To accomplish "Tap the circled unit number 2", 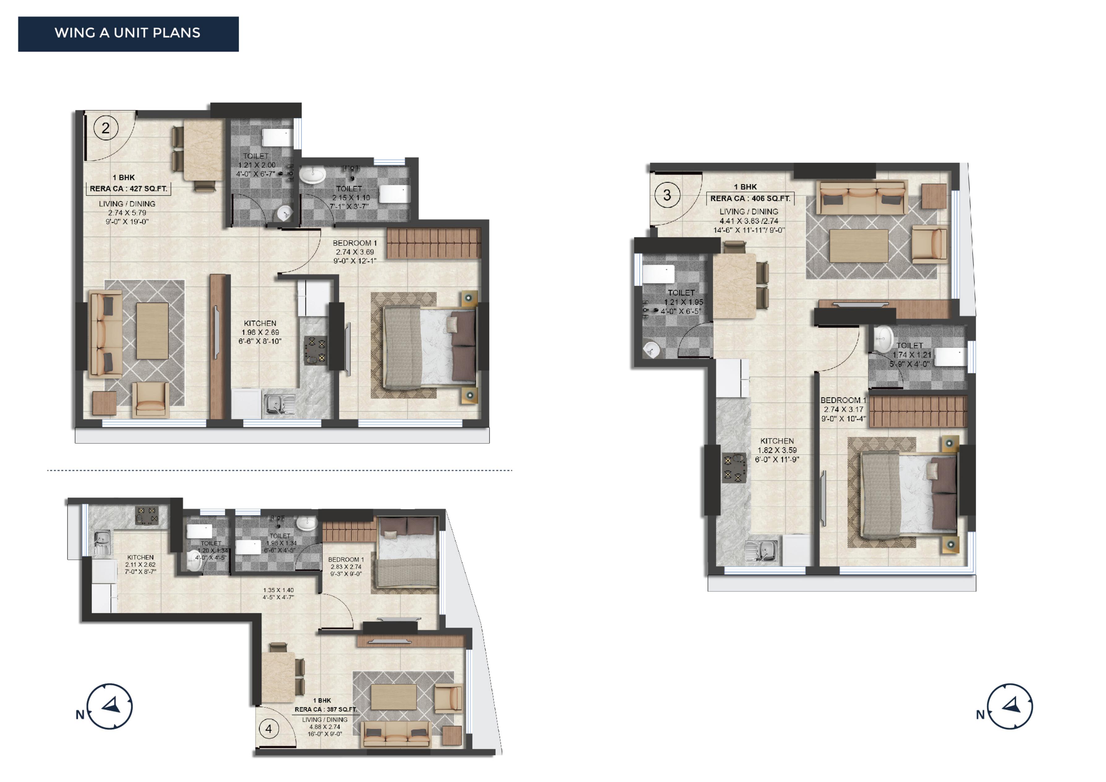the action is (105, 128).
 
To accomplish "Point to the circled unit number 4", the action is (269, 728).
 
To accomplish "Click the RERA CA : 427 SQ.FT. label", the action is (129, 189).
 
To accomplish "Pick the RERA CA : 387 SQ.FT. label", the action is (326, 709).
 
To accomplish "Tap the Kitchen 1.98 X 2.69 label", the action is (260, 332).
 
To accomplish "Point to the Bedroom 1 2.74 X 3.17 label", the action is (843, 409).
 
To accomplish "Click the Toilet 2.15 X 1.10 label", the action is (350, 198).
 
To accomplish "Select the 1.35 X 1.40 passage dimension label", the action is (278, 593).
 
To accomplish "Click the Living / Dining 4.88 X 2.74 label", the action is (325, 727).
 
